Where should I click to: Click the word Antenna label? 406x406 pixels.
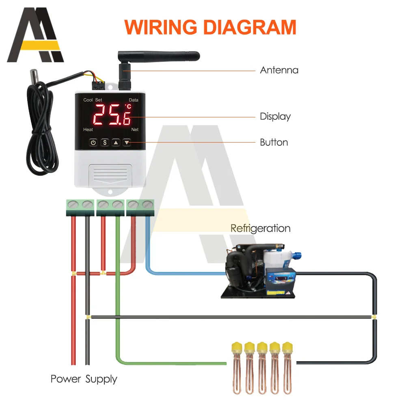(x=279, y=70)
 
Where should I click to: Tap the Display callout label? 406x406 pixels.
(x=275, y=117)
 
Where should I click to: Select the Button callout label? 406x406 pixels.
(x=274, y=143)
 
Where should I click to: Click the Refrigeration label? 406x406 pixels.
(x=260, y=228)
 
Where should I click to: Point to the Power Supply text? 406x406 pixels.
(x=84, y=379)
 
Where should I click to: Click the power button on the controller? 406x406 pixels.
(x=93, y=143)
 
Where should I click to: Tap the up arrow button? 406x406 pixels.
(x=116, y=143)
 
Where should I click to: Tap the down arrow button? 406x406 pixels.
(x=127, y=143)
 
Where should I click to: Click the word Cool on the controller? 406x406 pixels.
(x=88, y=100)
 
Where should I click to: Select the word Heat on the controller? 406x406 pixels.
(x=88, y=130)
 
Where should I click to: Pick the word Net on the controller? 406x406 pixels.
(x=135, y=130)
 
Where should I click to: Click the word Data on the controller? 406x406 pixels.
(x=134, y=100)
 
